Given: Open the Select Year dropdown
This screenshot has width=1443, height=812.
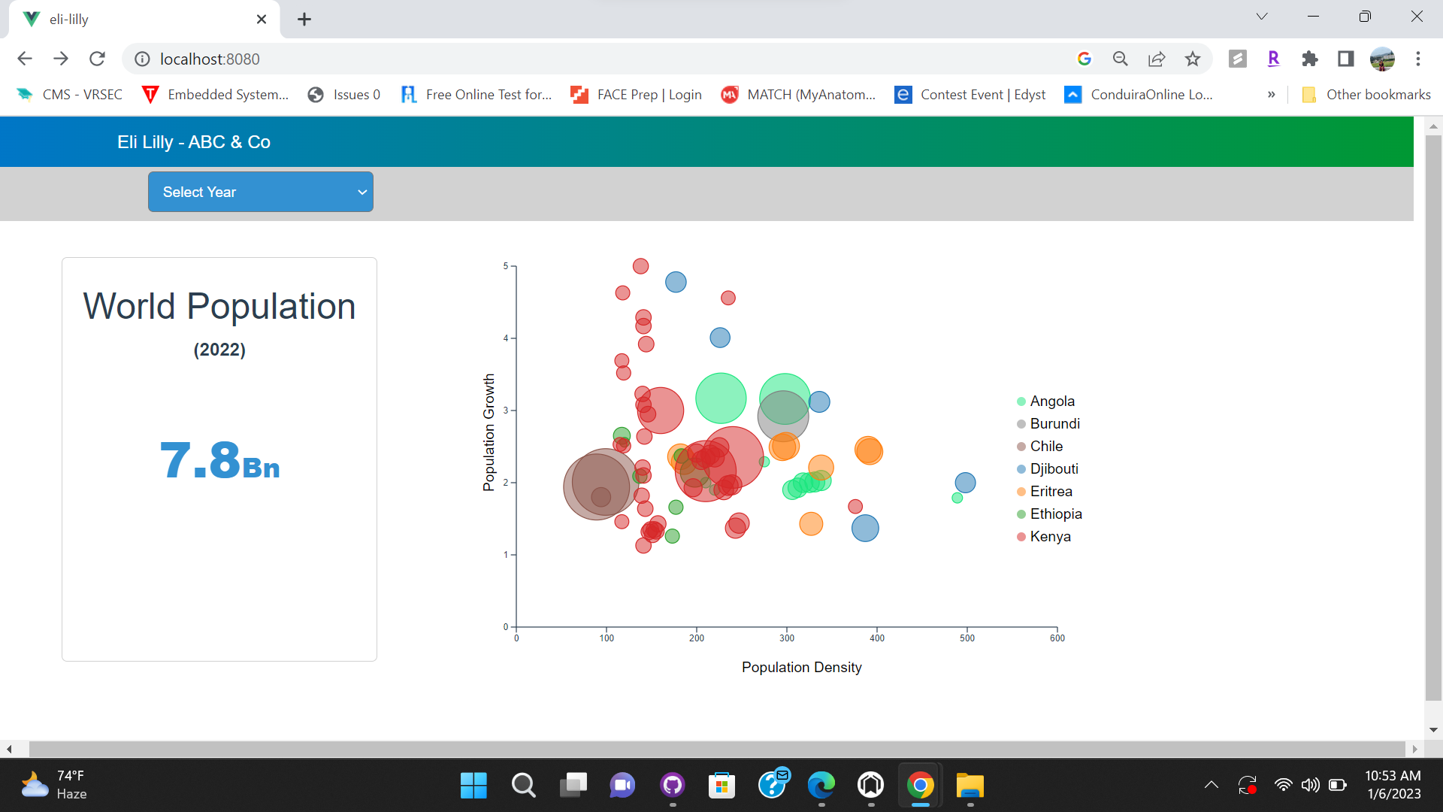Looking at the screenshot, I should [260, 192].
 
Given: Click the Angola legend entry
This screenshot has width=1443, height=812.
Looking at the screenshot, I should [1051, 401].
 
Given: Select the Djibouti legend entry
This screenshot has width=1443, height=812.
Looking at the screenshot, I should [1053, 469].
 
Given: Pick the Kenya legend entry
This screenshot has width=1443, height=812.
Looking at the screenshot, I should [1049, 537].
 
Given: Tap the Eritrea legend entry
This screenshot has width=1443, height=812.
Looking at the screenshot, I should [1050, 492].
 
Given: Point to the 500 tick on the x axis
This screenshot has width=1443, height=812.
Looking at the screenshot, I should [967, 638].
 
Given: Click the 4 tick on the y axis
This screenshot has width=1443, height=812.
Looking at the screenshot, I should [506, 338].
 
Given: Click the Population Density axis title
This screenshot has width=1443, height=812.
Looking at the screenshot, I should [801, 668].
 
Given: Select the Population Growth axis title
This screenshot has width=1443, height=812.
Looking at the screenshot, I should [489, 432].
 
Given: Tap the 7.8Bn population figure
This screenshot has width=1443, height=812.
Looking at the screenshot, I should [219, 461].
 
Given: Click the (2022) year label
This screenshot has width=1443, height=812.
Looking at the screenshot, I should [219, 350].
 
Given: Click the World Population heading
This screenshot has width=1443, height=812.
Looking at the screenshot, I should [219, 307].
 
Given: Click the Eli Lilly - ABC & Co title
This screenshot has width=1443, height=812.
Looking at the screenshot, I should [194, 142].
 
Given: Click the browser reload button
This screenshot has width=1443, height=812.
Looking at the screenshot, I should [97, 59].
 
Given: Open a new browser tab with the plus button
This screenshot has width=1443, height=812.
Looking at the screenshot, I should [304, 20].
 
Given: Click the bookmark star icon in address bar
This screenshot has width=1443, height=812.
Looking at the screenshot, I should [1193, 59].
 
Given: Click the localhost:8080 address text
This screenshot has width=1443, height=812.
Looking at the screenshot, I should [210, 59].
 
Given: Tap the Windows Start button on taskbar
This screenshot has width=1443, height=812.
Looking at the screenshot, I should [473, 786].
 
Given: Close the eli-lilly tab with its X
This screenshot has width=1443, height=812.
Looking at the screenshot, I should [262, 20].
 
